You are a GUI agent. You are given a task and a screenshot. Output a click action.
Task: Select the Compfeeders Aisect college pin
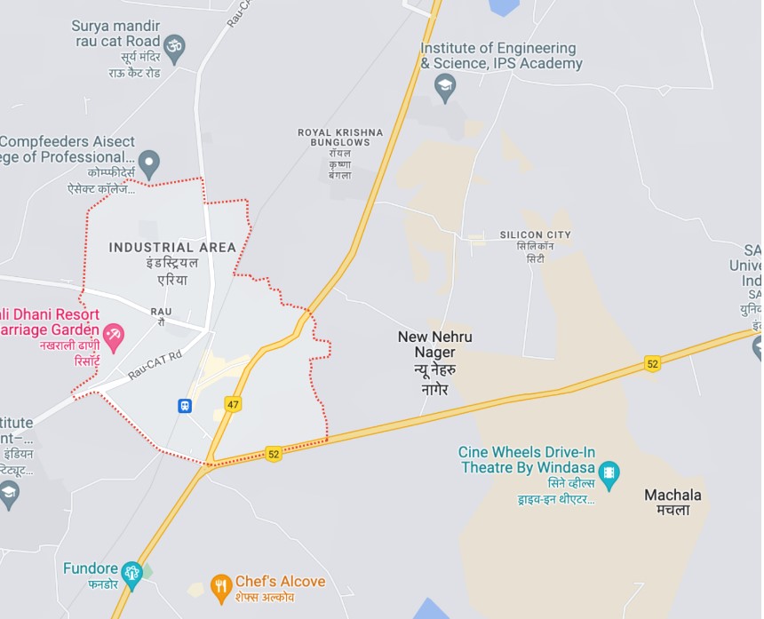pos(150,163)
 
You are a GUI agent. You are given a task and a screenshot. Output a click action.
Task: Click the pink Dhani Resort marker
pos(114,336)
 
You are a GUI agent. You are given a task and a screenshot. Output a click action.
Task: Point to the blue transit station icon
pos(184,405)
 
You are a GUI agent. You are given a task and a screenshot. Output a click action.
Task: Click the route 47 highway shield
pos(233,404)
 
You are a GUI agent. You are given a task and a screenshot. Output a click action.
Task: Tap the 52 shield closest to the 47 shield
pos(273,454)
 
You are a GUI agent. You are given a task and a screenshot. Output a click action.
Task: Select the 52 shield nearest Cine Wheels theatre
pos(653,364)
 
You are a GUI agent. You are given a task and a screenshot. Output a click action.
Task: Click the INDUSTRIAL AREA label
pos(172,247)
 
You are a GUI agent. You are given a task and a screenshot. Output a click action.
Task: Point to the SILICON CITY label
pos(535,234)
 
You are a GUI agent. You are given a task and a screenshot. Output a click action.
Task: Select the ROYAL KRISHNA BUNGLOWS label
pos(340,137)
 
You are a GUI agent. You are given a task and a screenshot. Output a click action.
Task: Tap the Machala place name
pos(672,495)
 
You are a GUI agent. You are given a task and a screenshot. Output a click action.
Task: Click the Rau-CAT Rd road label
pos(154,363)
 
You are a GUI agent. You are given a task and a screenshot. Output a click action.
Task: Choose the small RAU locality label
pos(161,311)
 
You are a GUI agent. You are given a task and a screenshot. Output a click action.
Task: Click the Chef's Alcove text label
pos(280,582)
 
